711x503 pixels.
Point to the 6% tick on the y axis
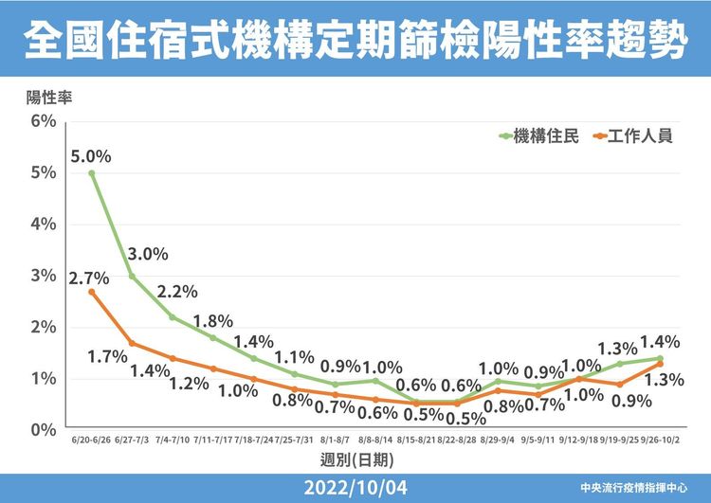(44, 121)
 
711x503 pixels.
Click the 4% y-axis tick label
(44, 225)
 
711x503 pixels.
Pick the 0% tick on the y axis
(44, 430)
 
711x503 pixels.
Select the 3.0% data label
(148, 254)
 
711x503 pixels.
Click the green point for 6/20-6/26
(92, 173)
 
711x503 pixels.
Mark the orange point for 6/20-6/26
(92, 292)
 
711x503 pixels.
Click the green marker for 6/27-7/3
(132, 277)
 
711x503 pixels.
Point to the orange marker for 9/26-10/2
(659, 364)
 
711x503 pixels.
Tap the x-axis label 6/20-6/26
(92, 441)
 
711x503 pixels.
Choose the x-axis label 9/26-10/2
(659, 441)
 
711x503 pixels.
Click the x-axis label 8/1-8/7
(335, 441)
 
